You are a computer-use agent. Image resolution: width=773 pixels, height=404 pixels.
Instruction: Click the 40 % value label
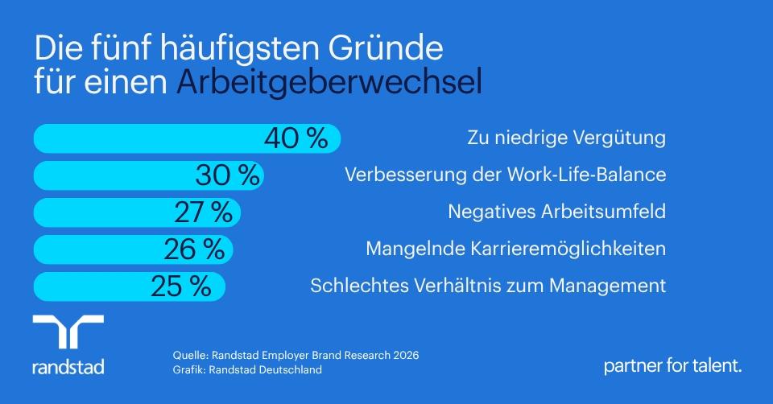click(296, 138)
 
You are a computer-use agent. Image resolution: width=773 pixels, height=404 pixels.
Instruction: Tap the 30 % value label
click(227, 175)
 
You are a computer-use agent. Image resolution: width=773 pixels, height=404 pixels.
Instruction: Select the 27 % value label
click(203, 212)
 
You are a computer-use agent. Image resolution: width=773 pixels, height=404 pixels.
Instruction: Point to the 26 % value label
click(194, 249)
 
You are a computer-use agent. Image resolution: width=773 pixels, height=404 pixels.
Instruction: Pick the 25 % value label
click(181, 287)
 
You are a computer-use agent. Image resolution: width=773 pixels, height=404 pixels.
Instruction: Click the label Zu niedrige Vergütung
click(566, 138)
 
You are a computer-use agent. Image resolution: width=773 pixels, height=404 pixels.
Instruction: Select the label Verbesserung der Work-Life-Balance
click(506, 175)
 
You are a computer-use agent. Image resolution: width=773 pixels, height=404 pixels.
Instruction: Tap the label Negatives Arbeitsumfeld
click(557, 212)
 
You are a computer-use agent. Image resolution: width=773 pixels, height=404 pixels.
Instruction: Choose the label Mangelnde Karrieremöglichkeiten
click(515, 249)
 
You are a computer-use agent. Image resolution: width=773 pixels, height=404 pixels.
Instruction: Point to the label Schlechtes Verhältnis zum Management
click(488, 285)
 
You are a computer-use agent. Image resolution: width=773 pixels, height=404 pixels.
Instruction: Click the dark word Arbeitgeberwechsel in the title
click(329, 82)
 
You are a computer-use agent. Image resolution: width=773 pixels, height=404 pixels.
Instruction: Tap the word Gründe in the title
click(385, 47)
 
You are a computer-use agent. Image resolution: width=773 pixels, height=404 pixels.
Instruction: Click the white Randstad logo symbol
click(68, 331)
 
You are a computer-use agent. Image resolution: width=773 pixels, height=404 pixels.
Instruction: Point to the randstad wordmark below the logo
click(68, 367)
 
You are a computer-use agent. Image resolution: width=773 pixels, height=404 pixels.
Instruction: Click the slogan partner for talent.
click(673, 366)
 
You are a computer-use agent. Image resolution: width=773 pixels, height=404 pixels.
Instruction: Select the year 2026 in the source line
click(406, 355)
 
